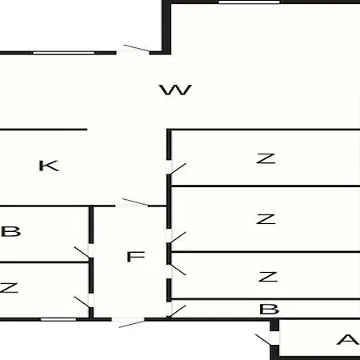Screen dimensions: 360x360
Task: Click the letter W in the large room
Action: click(x=175, y=90)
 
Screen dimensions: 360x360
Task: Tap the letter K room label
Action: click(x=49, y=166)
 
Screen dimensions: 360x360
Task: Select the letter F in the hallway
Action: click(x=136, y=257)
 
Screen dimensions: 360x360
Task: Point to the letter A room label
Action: click(x=348, y=339)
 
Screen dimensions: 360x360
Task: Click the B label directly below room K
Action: click(x=10, y=231)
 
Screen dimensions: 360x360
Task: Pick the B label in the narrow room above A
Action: click(x=269, y=309)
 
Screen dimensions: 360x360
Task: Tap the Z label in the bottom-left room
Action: click(x=9, y=288)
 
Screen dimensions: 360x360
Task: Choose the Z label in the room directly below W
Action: click(x=266, y=158)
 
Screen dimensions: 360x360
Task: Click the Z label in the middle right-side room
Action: click(x=266, y=219)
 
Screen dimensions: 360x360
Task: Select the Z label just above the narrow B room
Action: click(x=268, y=277)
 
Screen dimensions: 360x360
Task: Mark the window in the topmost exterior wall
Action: click(x=249, y=2)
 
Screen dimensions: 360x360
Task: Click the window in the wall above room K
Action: click(x=63, y=53)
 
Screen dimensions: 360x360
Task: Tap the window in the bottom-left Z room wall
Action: click(x=58, y=319)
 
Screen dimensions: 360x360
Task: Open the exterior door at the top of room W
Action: click(x=134, y=49)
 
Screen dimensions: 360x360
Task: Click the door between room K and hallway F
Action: click(x=132, y=203)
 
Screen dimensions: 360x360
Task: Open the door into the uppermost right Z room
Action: click(x=176, y=167)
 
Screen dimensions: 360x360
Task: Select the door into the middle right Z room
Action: click(x=176, y=236)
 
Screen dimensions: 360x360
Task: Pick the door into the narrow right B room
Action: click(x=176, y=310)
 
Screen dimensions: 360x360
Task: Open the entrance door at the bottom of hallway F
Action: click(x=129, y=322)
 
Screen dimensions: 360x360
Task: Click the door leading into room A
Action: click(x=267, y=338)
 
